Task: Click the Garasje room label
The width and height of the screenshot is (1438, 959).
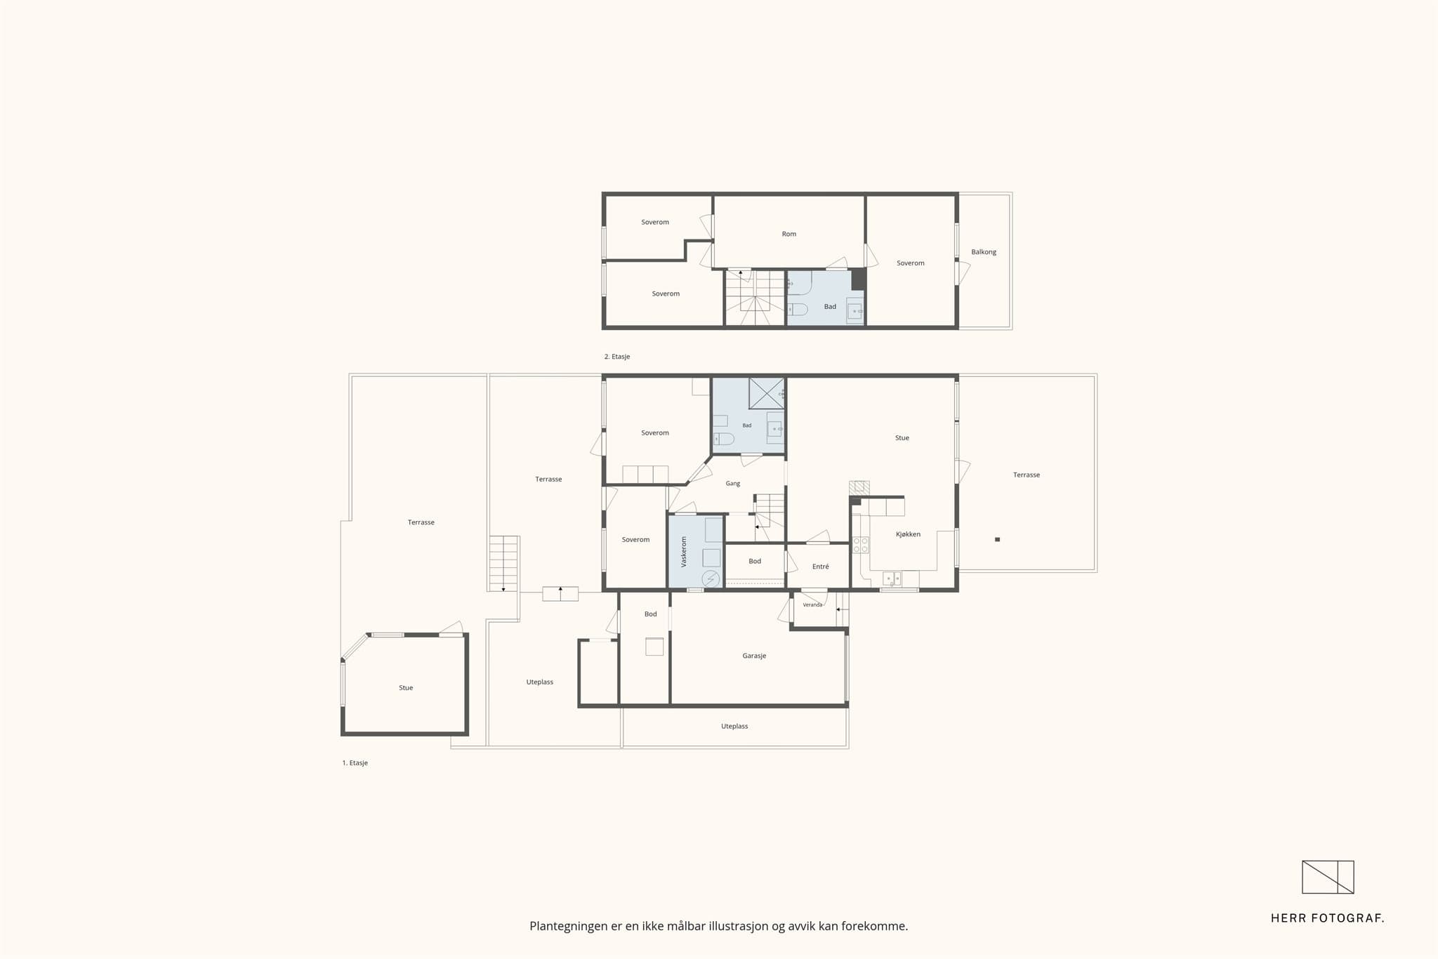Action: point(754,656)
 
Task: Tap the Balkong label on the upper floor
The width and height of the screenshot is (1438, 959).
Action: point(984,252)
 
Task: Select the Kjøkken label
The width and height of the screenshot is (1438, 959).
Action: point(908,534)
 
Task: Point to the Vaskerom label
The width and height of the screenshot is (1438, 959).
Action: point(684,552)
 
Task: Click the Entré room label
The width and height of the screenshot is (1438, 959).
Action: point(821,567)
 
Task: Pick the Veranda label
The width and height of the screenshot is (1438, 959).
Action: point(812,604)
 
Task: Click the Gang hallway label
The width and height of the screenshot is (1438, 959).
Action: point(733,484)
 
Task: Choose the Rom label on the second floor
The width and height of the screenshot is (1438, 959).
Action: point(789,234)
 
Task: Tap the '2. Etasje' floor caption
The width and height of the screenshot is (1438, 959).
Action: point(617,357)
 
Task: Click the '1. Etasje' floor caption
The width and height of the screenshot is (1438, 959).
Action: point(355,763)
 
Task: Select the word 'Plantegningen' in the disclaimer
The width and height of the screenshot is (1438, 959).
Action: point(569,927)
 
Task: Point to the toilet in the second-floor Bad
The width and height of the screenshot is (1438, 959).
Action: point(798,309)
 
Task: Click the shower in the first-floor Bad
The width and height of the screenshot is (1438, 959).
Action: point(766,393)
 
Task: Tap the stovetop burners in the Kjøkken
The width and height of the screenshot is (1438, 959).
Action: point(861,545)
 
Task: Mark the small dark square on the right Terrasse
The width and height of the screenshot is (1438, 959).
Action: point(997,540)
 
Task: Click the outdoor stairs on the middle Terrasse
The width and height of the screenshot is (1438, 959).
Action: point(503,563)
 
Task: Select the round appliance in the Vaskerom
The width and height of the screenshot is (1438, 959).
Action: point(711,578)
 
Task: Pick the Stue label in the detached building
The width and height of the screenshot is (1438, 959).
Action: point(406,688)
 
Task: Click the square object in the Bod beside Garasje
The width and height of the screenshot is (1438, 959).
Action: point(654,646)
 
